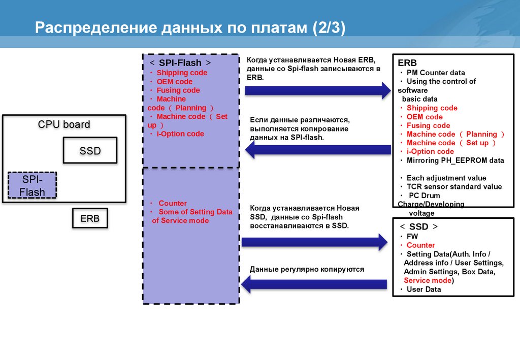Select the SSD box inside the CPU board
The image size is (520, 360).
(90, 150)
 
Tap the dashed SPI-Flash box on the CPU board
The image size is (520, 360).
(32, 186)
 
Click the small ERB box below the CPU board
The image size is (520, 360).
(90, 219)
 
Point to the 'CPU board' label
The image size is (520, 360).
(64, 124)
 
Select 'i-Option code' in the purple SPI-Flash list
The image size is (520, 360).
(180, 134)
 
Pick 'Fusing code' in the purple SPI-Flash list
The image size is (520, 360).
(178, 90)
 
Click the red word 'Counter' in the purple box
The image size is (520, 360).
(173, 203)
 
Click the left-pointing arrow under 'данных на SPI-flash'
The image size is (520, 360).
(317, 150)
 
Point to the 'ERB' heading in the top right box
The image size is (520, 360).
(407, 63)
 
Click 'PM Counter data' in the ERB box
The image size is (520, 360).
(435, 73)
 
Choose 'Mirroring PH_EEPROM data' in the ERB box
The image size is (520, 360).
(455, 160)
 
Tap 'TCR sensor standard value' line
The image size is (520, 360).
(454, 187)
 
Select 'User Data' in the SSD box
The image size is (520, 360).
(424, 289)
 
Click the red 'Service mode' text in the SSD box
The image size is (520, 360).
(427, 280)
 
